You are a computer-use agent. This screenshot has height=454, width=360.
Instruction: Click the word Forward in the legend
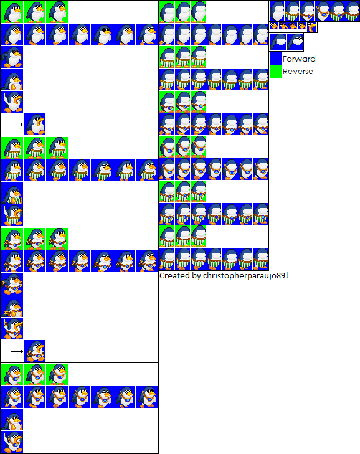point(299,59)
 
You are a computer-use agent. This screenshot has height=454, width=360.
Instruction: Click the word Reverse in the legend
point(298,72)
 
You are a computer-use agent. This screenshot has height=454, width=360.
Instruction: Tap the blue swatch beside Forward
point(276,59)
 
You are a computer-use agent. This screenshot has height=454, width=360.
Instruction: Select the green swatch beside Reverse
point(276,72)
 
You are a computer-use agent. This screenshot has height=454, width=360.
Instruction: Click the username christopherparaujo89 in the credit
point(244,276)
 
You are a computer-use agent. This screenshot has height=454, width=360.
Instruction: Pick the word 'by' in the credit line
point(196,276)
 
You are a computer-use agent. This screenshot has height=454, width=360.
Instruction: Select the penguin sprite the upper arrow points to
point(34,124)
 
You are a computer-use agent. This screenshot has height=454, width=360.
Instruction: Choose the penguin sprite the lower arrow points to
point(34,351)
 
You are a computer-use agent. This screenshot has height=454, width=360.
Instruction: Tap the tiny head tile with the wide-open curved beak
point(311,27)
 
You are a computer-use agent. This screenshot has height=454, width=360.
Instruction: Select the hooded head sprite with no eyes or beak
point(278,42)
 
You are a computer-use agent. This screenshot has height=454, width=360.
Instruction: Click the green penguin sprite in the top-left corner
point(12,12)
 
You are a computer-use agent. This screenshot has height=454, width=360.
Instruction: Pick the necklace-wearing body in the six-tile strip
point(321,11)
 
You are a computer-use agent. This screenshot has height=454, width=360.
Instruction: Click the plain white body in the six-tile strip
point(277,11)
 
